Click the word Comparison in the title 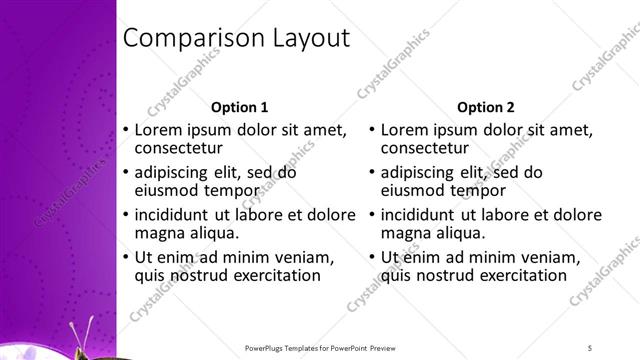pos(186,39)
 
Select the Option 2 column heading pos(486,107)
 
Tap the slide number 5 pos(590,347)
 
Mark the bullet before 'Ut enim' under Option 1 pos(124,257)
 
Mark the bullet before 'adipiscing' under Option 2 pos(370,172)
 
